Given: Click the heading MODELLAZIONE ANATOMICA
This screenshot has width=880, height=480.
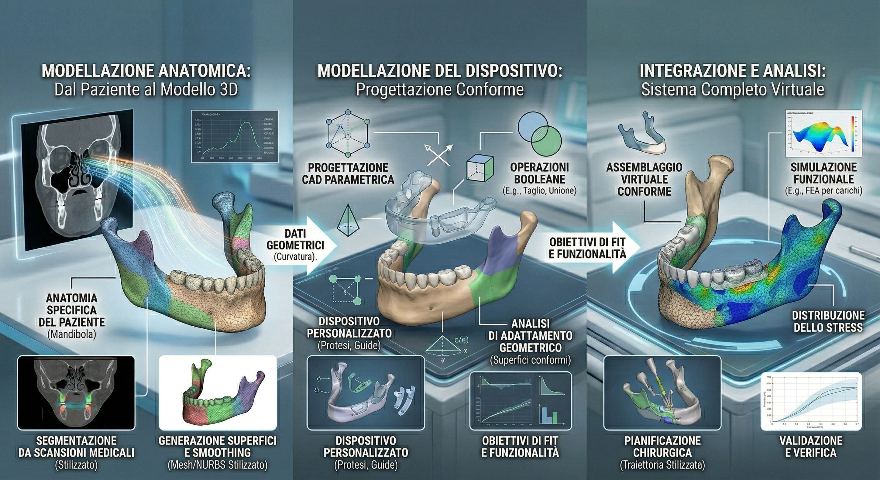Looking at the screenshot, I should (x=146, y=71).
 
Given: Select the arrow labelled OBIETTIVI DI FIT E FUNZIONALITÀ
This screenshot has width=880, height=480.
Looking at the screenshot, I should (x=591, y=248).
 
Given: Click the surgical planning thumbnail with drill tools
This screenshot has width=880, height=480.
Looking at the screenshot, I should (x=662, y=393).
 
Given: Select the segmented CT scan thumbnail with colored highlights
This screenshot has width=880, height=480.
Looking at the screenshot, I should (x=75, y=393).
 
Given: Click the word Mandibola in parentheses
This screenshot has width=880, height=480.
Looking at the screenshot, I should (x=72, y=334).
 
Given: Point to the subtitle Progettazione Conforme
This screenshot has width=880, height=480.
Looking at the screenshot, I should (x=440, y=90).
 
